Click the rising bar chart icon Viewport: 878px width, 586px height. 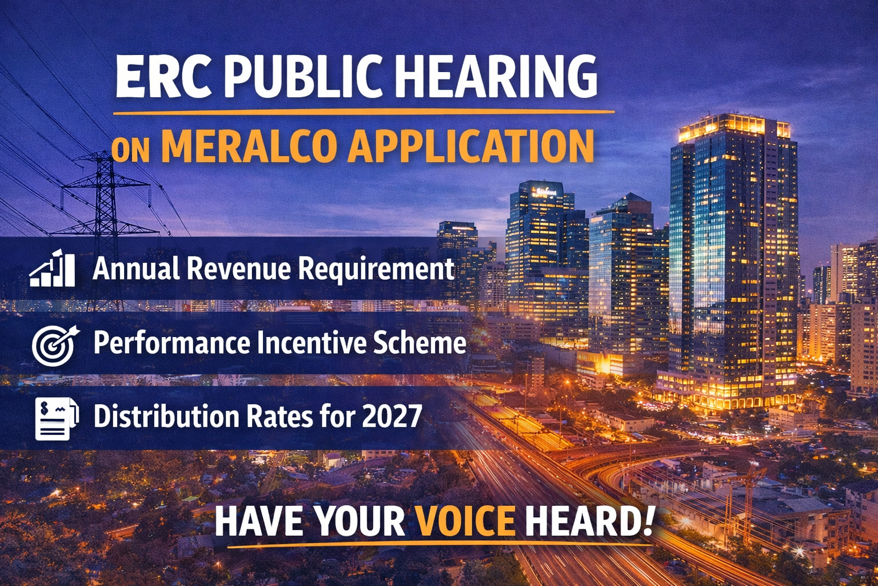53,268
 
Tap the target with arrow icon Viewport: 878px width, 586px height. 55,346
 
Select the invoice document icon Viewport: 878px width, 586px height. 57,418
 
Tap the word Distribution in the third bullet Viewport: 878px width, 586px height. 166,416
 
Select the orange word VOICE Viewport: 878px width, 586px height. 465,521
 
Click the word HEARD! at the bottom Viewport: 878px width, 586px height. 589,521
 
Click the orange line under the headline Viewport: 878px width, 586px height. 364,113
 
